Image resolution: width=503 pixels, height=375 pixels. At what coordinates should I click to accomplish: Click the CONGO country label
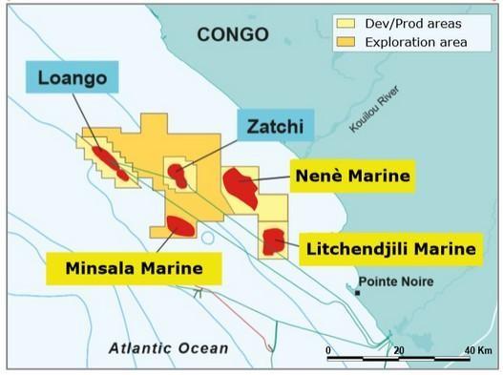point(232,35)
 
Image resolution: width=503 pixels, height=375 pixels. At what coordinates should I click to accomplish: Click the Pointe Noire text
point(395,281)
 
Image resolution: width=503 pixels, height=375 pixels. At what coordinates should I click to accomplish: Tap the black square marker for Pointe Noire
point(357,292)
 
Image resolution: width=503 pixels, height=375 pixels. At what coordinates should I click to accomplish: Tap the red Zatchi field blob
point(177,174)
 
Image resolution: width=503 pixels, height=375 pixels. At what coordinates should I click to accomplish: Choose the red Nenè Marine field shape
point(240,187)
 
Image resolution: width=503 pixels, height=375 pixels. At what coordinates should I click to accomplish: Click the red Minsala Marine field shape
point(179,225)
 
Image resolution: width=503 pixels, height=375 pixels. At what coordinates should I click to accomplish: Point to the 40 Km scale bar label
point(477,351)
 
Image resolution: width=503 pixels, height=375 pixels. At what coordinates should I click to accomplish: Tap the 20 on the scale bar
point(399,351)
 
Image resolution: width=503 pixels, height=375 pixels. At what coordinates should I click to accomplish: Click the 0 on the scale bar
point(327,351)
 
